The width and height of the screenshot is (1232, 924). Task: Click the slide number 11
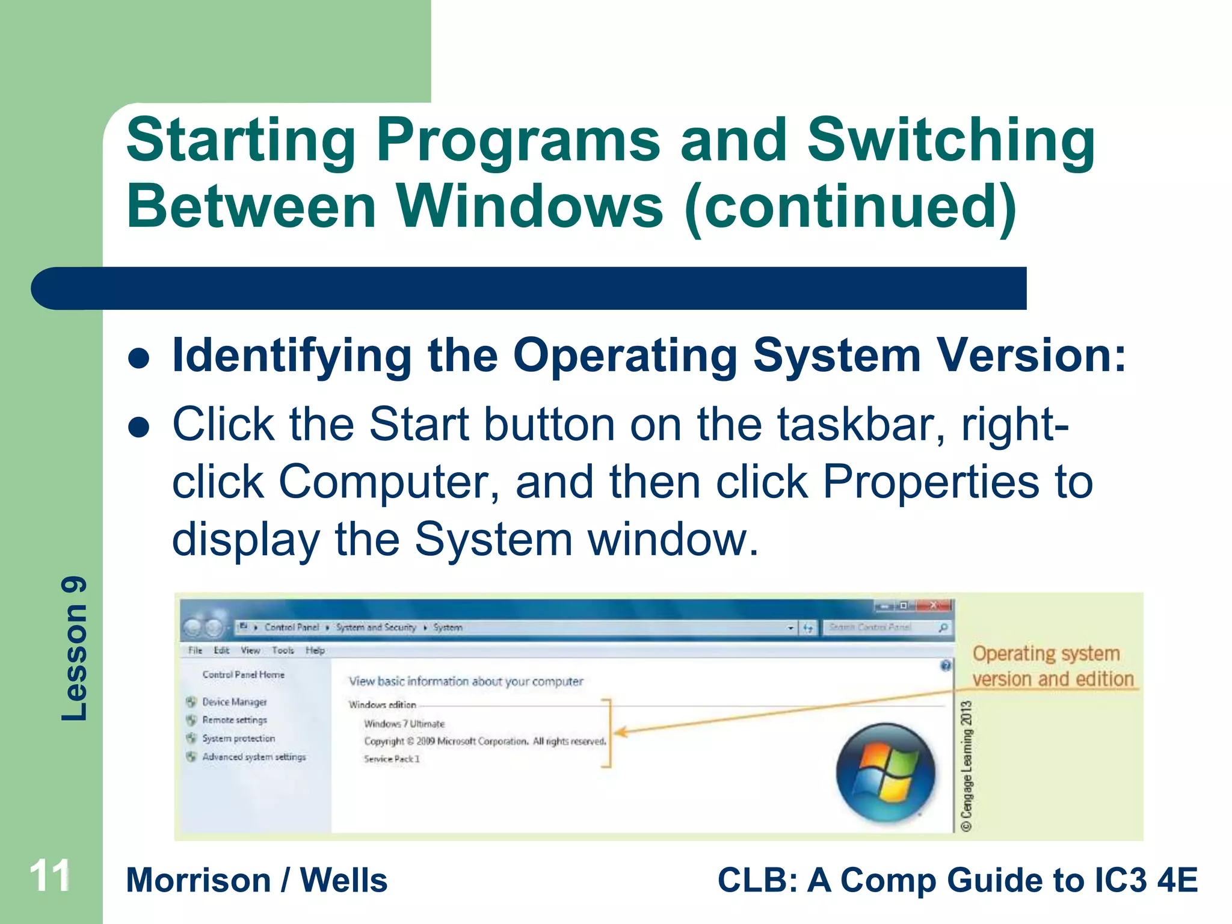51,876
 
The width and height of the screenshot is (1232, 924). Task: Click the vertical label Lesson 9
75,648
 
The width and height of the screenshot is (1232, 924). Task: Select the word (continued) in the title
851,207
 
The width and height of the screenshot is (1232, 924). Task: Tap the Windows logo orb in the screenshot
885,772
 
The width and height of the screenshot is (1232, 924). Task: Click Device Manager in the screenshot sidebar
234,702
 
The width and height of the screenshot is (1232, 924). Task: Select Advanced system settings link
253,757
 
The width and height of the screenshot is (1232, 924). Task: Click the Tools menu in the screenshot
283,650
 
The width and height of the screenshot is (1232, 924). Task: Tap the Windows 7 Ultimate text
404,724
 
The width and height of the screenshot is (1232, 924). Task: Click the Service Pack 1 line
392,759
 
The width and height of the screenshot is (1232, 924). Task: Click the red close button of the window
934,605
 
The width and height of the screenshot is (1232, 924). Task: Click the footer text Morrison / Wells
257,881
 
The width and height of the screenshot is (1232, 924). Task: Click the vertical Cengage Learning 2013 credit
966,766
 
